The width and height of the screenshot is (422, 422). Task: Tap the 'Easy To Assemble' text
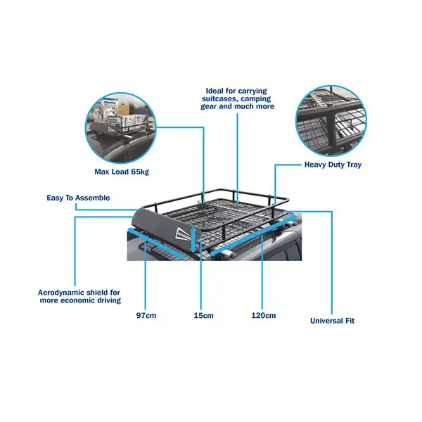click(78, 198)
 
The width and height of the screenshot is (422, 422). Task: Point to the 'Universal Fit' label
click(332, 321)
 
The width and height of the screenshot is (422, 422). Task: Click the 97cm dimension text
click(146, 316)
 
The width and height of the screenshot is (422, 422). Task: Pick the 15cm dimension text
click(203, 316)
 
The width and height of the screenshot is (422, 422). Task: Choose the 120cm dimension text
click(264, 316)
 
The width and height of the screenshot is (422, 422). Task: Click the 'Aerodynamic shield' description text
click(79, 296)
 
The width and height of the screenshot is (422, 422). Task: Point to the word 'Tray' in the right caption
click(354, 165)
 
